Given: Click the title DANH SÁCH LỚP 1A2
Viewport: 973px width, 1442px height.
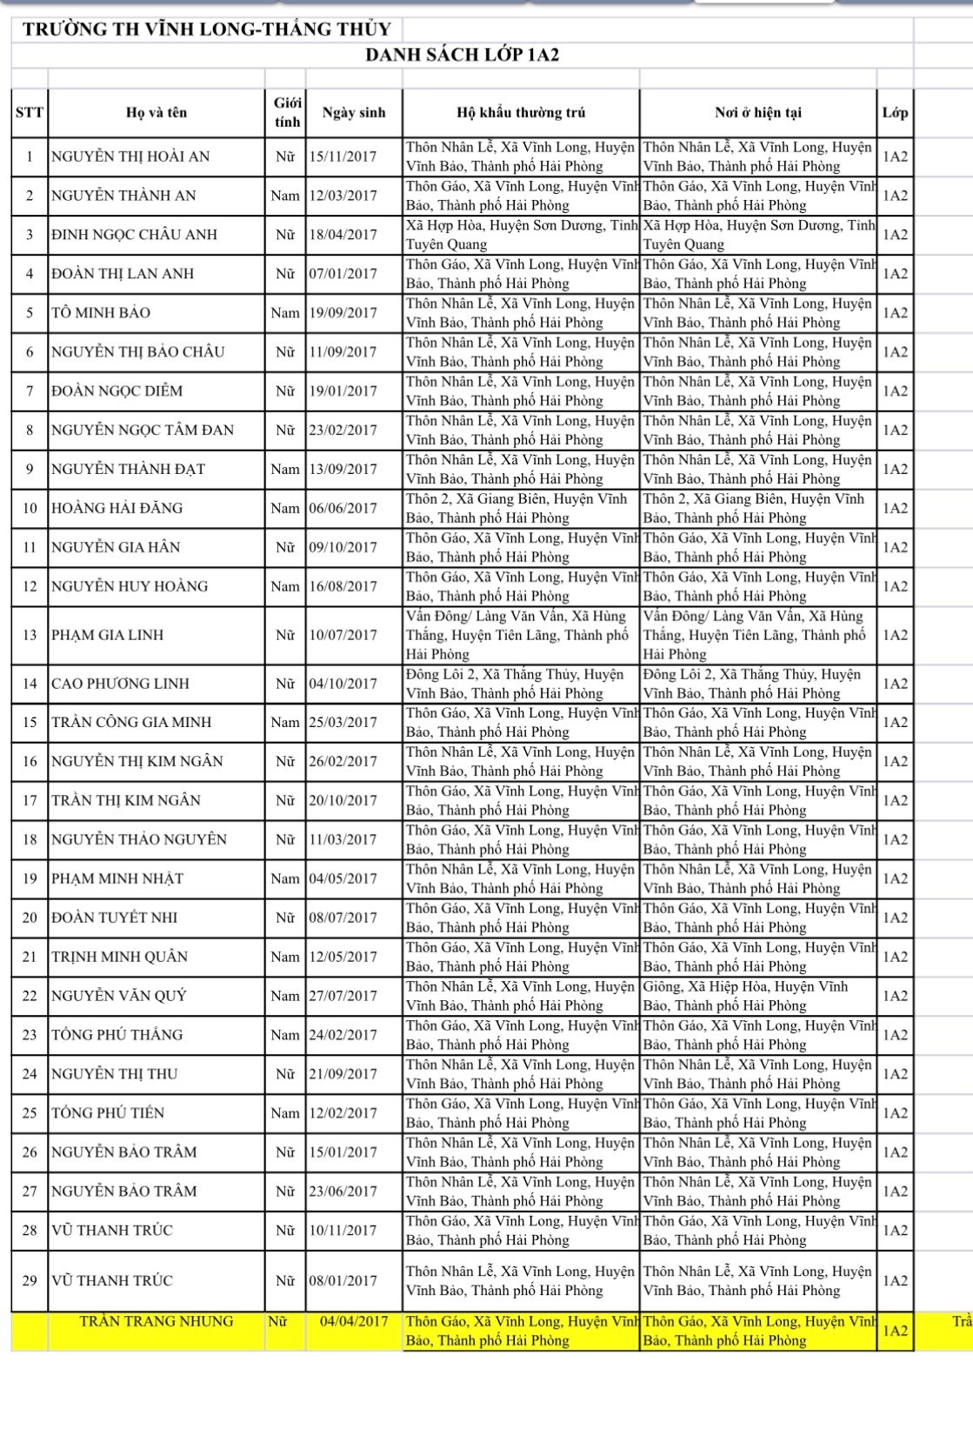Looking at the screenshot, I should click(x=462, y=56).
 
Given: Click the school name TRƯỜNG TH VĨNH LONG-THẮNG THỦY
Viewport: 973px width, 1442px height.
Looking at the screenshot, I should click(x=207, y=29).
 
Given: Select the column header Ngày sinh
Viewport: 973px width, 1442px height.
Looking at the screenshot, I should click(x=353, y=112).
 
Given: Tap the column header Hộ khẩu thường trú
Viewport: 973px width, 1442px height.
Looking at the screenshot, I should click(x=521, y=112).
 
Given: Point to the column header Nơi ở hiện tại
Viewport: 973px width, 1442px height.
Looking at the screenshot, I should click(x=758, y=112).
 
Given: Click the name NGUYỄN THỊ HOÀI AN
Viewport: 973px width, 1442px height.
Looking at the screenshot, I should click(x=130, y=157).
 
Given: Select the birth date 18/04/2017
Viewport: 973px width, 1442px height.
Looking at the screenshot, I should click(x=343, y=235).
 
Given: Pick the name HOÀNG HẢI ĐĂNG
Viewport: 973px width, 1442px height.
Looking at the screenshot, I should click(x=117, y=508).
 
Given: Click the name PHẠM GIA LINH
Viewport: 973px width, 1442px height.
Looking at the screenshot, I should click(x=107, y=635).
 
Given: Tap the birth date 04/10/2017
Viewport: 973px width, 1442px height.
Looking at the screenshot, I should click(x=343, y=684).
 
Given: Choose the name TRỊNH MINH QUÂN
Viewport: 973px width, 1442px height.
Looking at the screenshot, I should click(x=119, y=957).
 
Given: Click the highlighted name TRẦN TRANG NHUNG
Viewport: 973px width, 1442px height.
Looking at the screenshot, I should click(x=157, y=1321).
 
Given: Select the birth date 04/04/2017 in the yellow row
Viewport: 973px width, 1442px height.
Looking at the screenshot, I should click(x=354, y=1321).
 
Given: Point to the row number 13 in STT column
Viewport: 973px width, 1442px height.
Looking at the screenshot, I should click(x=30, y=635).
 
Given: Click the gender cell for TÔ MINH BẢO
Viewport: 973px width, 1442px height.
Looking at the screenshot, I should click(x=285, y=313).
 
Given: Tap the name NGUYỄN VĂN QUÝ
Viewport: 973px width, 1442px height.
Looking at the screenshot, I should click(x=119, y=996).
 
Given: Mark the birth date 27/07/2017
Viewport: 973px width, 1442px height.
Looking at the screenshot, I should click(x=343, y=996).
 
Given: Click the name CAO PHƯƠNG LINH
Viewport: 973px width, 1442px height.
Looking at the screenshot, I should click(x=120, y=684).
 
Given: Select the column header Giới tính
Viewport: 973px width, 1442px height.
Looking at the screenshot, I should click(x=287, y=112).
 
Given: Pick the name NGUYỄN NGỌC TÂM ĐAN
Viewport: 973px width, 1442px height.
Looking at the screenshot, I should click(x=143, y=430).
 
